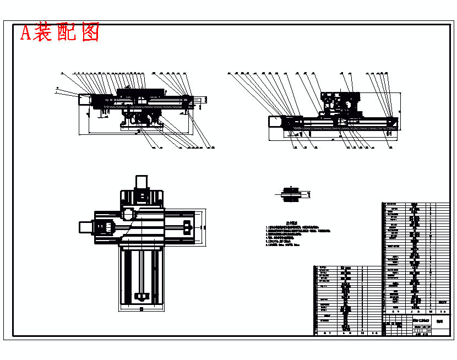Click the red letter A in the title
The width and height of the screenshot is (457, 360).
(x=26, y=33)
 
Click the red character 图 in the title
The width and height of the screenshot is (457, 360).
(x=89, y=32)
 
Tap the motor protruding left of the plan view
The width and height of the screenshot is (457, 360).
(x=87, y=226)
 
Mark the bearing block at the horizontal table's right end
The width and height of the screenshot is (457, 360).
(x=187, y=226)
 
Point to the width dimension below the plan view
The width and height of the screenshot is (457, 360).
(x=142, y=310)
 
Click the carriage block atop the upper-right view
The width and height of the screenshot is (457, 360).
(x=341, y=101)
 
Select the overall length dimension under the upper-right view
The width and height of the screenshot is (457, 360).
(x=334, y=140)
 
